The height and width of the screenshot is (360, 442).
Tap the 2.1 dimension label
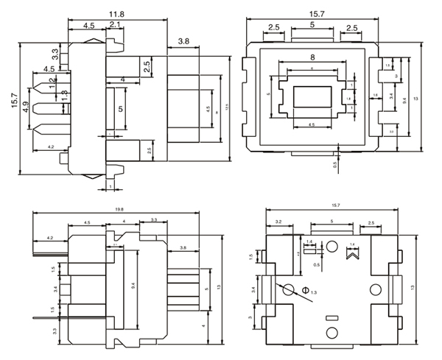point(115,26)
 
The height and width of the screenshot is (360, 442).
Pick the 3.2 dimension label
point(278,221)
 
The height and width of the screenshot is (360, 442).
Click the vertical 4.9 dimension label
point(26,107)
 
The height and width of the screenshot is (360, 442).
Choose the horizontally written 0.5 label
point(316,265)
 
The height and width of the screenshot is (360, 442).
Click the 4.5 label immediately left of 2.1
point(88,26)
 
